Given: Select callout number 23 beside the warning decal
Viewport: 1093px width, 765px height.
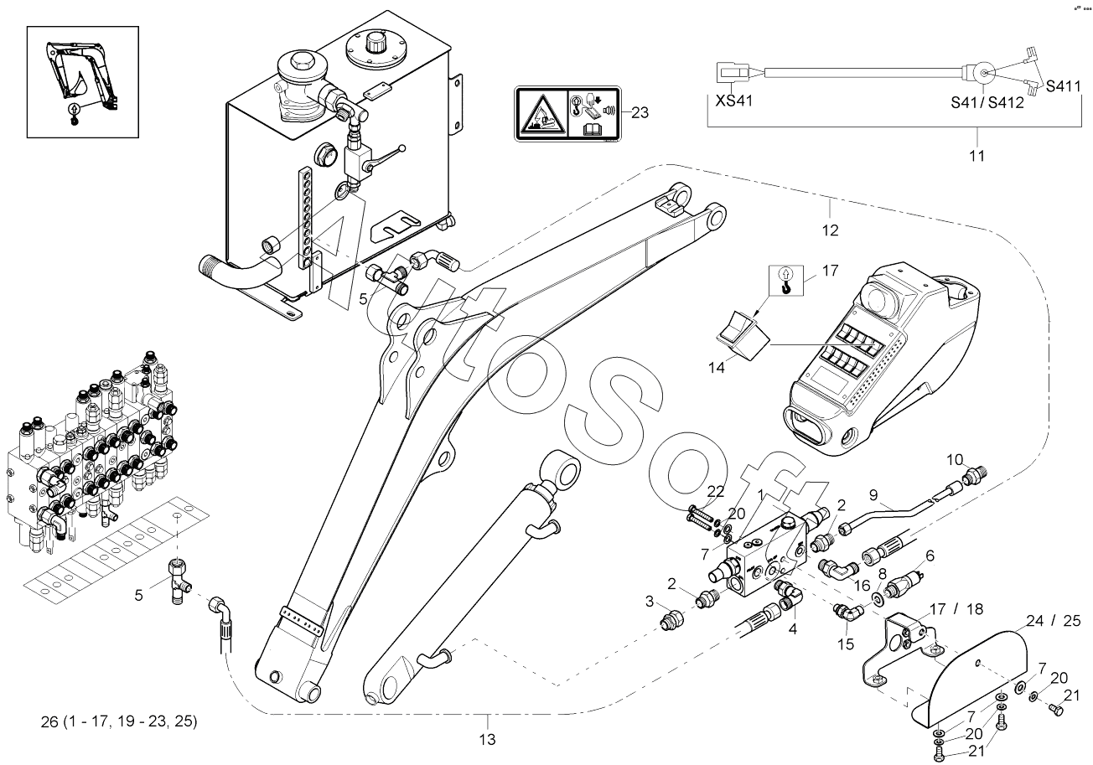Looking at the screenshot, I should tap(640, 111).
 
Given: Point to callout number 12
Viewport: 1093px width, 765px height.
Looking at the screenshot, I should tap(830, 229).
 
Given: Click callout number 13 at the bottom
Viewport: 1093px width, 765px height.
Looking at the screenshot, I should tap(487, 739).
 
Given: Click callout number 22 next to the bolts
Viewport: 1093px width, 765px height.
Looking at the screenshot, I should tap(715, 491).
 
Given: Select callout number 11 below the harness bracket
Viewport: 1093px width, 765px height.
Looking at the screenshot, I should tap(976, 156).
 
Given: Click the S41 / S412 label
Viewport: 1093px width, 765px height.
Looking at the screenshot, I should tap(987, 103).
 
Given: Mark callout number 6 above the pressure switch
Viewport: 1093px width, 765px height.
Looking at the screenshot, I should tap(929, 554).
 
